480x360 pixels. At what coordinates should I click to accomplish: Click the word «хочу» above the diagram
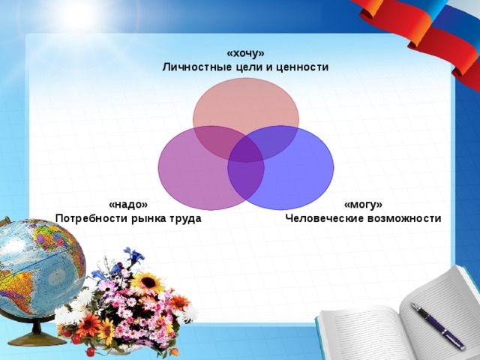[x=245, y=54]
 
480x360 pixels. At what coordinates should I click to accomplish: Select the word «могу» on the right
[x=363, y=205]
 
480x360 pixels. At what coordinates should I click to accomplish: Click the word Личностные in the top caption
[x=194, y=67]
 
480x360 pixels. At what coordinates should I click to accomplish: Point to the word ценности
[x=302, y=67]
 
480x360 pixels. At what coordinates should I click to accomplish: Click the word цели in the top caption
[x=251, y=67]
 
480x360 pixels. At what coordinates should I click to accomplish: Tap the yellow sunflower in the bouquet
[x=147, y=283]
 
